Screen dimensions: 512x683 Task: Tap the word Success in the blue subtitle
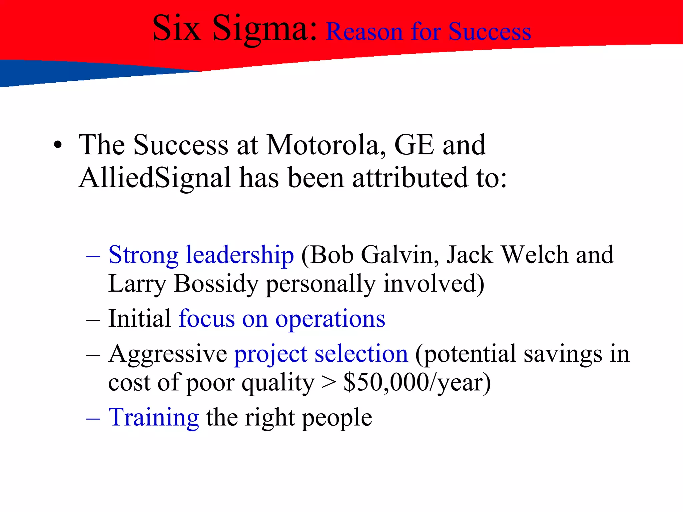(x=490, y=32)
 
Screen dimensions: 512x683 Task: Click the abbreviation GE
(x=414, y=145)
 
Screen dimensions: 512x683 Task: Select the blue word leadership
(x=240, y=255)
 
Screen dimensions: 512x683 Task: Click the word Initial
(x=140, y=319)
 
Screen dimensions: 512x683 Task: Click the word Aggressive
(x=168, y=354)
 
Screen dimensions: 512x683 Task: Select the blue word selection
(x=361, y=354)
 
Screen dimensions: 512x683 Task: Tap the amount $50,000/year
(x=417, y=383)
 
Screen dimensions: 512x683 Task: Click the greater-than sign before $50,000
(x=329, y=383)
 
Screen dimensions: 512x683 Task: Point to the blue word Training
(x=154, y=418)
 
